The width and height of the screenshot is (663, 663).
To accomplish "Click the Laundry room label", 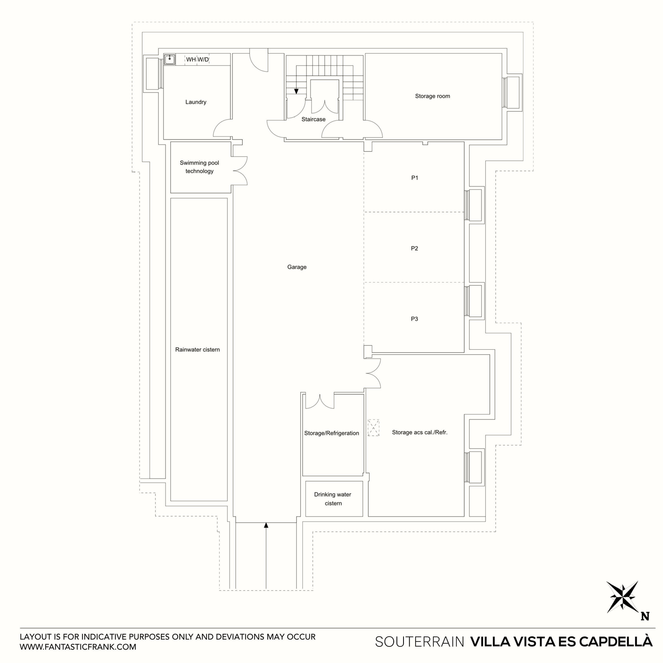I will point(196,102).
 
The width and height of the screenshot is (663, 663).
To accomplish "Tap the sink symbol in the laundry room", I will point(169,59).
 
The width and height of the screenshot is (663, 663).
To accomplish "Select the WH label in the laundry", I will point(191,59).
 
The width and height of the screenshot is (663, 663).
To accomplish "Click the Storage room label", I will point(432,96).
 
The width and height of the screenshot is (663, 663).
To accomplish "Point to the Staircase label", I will point(313,119).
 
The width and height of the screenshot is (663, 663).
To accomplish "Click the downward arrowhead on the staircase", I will point(296,91).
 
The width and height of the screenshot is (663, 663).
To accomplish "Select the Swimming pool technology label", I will point(199,167).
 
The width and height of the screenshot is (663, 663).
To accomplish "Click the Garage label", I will point(297,267).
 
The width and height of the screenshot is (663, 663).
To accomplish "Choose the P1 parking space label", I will point(415,178).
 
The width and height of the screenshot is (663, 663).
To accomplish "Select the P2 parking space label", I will point(415,248).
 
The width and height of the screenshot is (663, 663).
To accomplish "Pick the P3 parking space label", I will point(415,319).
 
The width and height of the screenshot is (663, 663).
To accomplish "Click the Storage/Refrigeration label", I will point(331,433).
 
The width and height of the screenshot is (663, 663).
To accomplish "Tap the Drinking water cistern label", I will point(333,499).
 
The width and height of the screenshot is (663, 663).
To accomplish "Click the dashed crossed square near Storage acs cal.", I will point(373,428).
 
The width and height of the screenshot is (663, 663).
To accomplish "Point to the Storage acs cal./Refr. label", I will point(420,432).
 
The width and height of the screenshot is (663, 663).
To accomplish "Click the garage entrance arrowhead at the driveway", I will point(266,525).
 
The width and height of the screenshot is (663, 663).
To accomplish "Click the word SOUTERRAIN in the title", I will point(419,642).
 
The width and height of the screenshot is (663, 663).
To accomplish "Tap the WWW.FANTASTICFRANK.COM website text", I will point(78,647).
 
